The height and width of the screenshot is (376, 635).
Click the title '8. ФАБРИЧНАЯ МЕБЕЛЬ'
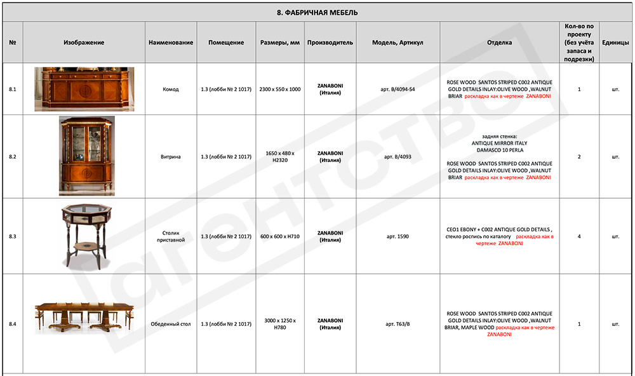[317, 12]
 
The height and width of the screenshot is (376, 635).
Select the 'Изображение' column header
[84, 43]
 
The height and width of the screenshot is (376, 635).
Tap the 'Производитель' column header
[330, 43]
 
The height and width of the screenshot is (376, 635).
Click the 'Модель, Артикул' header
[398, 43]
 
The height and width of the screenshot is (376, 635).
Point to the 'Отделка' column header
[499, 43]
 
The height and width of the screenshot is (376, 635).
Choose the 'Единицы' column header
[615, 43]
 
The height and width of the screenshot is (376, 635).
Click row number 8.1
[13, 89]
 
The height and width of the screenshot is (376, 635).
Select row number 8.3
[13, 236]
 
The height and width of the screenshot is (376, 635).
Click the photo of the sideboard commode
[84, 89]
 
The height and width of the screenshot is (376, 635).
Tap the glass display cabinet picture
[86, 156]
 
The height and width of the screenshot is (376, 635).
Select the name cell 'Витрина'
[171, 157]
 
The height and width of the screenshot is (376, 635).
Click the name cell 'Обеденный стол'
[171, 325]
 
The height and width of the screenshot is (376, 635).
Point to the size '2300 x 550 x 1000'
[280, 90]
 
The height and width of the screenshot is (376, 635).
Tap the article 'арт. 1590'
[398, 236]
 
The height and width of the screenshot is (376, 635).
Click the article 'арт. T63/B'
[398, 325]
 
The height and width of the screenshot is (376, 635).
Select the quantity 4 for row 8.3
[579, 236]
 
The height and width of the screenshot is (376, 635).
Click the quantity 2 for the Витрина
[579, 157]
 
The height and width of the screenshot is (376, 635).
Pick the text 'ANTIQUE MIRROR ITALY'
[499, 143]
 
